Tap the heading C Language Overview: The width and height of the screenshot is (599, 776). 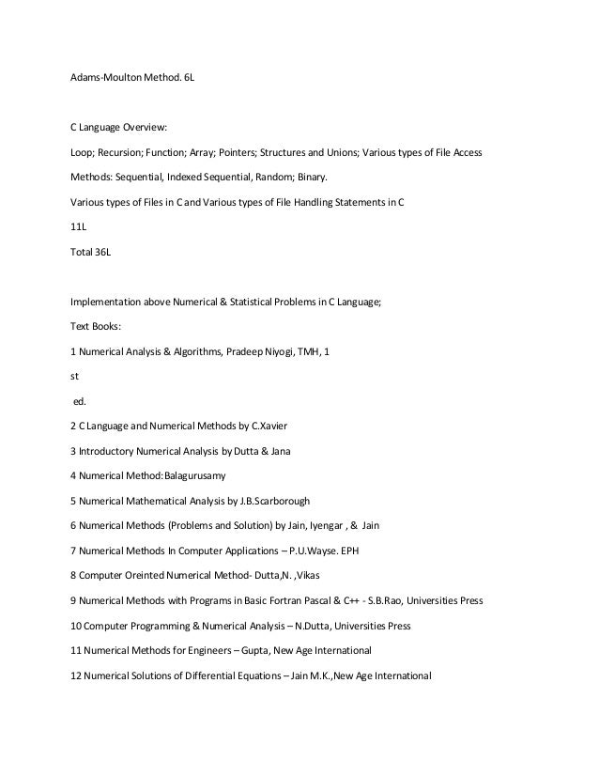pyautogui.click(x=118, y=128)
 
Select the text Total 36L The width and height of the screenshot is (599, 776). pyautogui.click(x=90, y=253)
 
